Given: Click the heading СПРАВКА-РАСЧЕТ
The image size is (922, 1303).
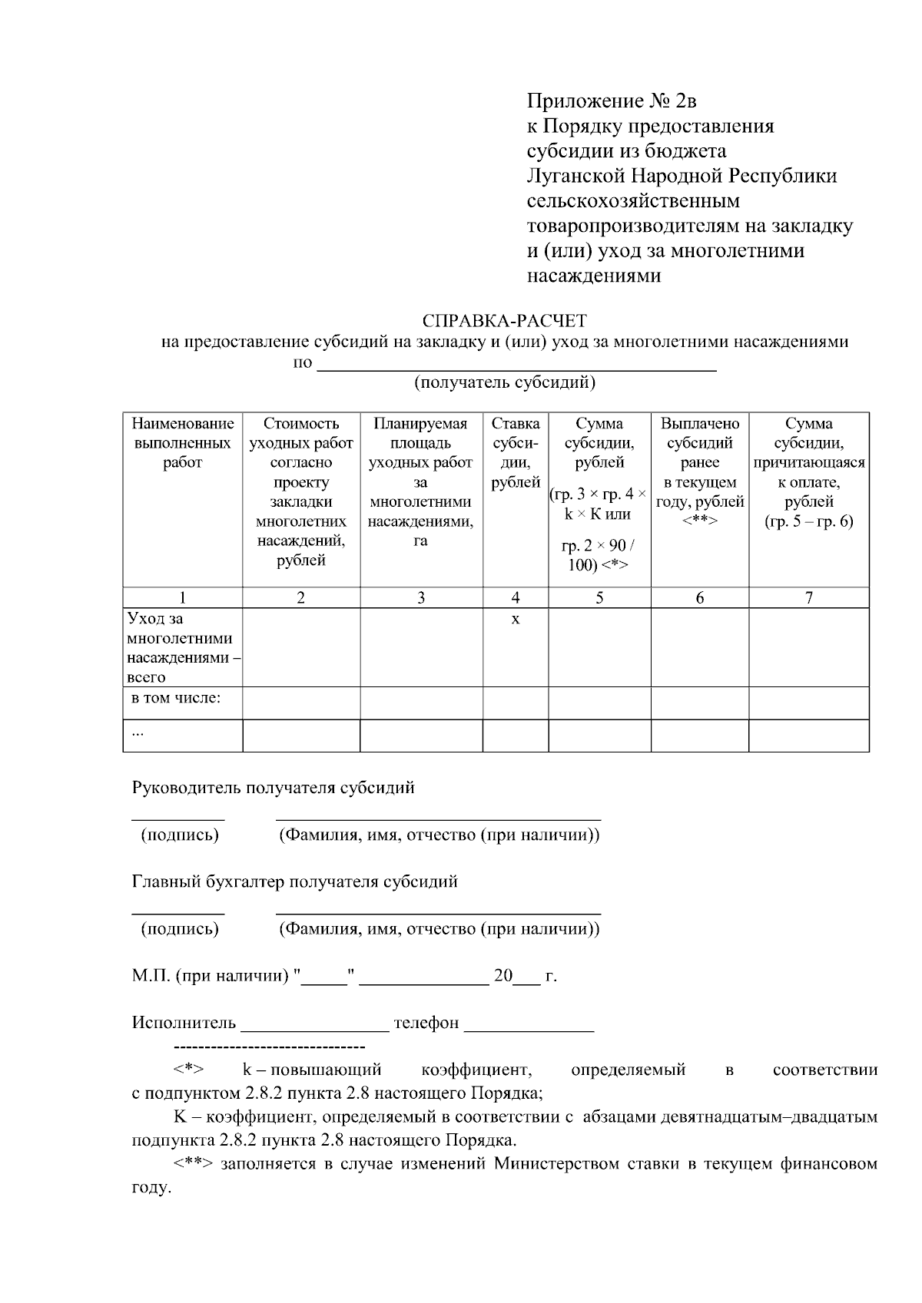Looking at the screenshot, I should (504, 320).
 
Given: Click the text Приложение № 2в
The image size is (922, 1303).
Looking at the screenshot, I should (612, 101).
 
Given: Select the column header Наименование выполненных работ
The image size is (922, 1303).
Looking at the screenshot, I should (182, 443).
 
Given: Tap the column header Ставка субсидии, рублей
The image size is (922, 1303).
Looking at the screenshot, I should (516, 452).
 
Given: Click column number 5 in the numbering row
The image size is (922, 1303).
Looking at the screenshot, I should (599, 598).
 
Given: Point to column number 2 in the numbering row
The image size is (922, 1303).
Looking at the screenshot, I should (301, 598).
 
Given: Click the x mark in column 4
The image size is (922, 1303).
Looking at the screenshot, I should (516, 619).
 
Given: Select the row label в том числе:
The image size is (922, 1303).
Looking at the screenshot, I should (177, 698).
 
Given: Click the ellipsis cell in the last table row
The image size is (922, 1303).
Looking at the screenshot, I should (138, 733).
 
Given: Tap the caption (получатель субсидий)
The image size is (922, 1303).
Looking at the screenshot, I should (505, 382).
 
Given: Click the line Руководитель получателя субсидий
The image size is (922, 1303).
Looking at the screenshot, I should (274, 788).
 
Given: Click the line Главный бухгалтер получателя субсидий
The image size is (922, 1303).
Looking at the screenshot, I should (294, 881).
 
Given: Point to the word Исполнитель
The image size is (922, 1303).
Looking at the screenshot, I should (184, 1023).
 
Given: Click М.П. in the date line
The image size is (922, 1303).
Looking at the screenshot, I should (151, 976).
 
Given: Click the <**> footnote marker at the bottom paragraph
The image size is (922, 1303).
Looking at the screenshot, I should (191, 1163).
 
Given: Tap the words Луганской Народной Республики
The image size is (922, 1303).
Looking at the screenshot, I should (682, 176).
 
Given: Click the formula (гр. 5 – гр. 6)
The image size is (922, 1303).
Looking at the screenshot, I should (808, 522).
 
